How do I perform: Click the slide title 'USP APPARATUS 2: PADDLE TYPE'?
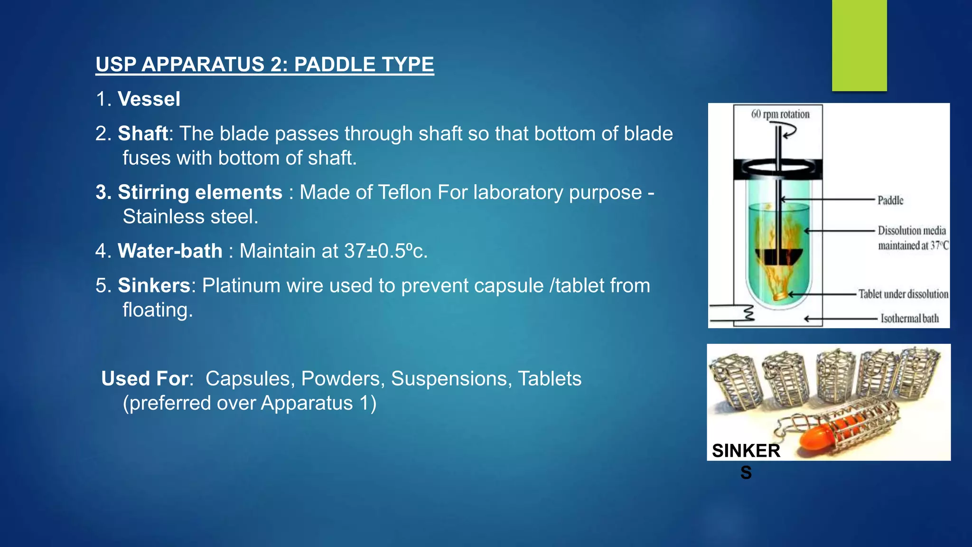(x=265, y=65)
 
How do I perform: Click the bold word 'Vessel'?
(x=149, y=99)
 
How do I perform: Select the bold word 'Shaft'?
(x=143, y=134)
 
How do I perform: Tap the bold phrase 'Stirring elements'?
(x=200, y=192)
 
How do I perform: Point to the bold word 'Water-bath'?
(x=170, y=251)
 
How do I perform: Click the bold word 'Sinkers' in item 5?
(x=154, y=285)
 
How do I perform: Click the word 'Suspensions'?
(x=451, y=378)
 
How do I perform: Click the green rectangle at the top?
(x=859, y=45)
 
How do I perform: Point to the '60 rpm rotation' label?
(x=780, y=114)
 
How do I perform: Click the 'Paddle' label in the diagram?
(x=890, y=200)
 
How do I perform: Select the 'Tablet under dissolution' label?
(x=903, y=294)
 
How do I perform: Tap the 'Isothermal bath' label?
(x=910, y=318)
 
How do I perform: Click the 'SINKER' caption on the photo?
(x=746, y=451)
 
